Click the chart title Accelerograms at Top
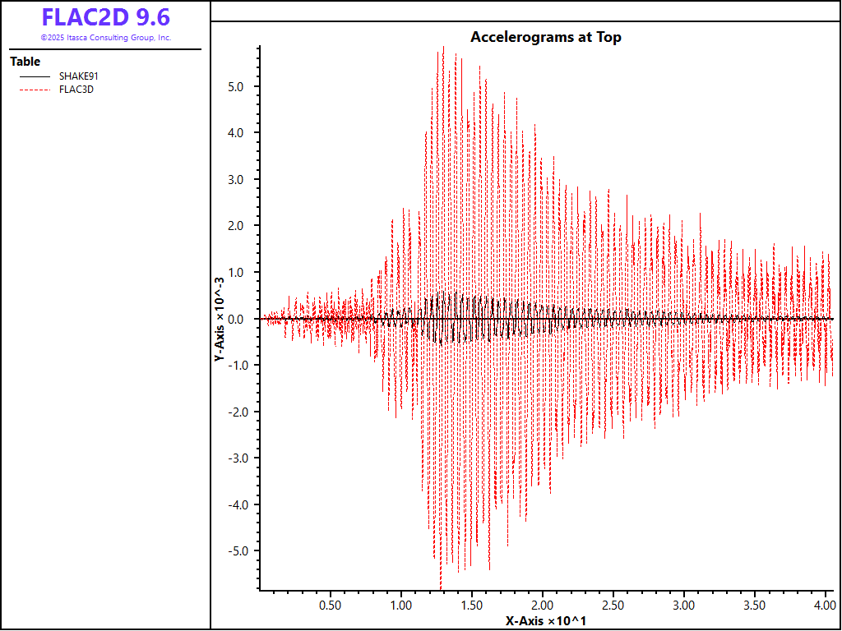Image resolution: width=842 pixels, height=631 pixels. click(x=545, y=37)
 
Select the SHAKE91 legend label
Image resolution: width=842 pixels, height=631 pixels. click(x=79, y=76)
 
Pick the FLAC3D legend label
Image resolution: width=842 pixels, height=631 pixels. click(x=76, y=90)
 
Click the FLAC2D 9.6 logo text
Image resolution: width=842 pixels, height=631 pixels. click(x=105, y=18)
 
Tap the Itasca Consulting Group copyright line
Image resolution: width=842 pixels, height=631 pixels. click(x=105, y=38)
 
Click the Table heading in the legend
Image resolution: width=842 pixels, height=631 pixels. click(x=25, y=62)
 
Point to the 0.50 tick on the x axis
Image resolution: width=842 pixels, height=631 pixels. click(x=331, y=604)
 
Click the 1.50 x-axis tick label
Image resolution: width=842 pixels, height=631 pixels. click(x=472, y=604)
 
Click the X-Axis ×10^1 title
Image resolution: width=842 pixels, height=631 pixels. click(x=545, y=620)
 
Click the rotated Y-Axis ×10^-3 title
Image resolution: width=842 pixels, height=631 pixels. click(x=220, y=319)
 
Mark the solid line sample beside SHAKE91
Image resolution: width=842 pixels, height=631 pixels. click(x=35, y=76)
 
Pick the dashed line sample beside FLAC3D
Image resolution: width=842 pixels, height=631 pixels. click(x=35, y=90)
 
